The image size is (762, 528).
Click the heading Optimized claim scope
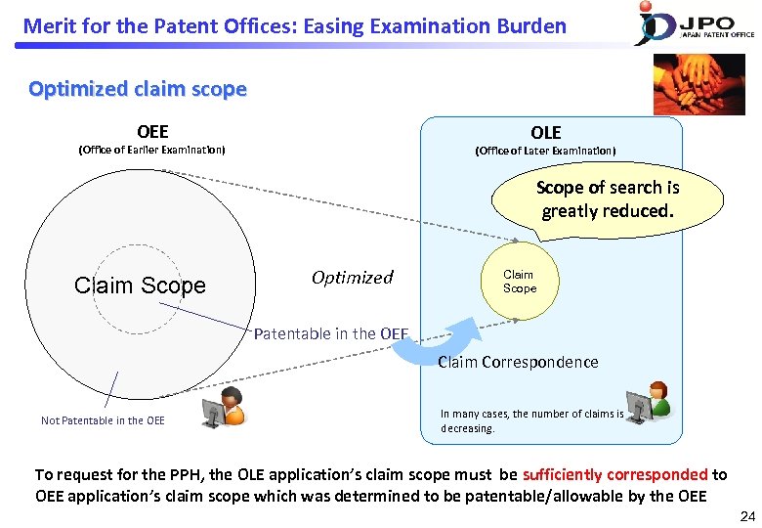(138, 89)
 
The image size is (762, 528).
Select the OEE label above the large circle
(152, 132)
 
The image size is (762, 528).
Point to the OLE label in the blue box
(545, 133)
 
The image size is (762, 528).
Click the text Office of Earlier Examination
(151, 150)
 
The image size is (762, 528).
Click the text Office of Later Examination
(545, 151)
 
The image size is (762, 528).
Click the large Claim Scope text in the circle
(140, 286)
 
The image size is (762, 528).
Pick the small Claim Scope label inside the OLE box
(519, 282)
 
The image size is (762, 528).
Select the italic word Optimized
(352, 278)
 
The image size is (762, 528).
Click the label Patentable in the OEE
(330, 333)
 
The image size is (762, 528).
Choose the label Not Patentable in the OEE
(103, 420)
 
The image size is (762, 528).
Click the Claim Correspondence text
(518, 362)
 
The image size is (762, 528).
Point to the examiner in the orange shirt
(224, 408)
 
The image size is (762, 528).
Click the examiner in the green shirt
(649, 402)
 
